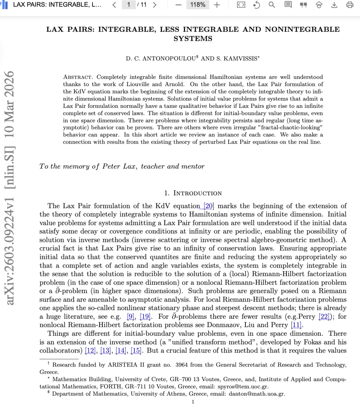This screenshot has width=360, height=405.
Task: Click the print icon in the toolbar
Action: coord(350,5)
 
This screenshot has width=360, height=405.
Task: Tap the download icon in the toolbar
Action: coord(334,5)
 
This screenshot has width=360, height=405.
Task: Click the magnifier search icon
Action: coord(272,5)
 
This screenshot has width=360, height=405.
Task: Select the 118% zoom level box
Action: coord(198,5)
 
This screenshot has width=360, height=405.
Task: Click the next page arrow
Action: coord(155,5)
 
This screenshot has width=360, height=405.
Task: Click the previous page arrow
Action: coord(114,5)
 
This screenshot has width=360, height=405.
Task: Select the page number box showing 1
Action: coord(129,5)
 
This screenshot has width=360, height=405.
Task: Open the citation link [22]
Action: coord(324,317)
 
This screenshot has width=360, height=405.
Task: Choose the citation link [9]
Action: coord(131,317)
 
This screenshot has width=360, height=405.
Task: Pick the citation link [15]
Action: coord(136,351)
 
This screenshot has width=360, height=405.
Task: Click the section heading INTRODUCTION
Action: coord(197,193)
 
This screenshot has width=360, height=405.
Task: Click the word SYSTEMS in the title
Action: coord(193,39)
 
